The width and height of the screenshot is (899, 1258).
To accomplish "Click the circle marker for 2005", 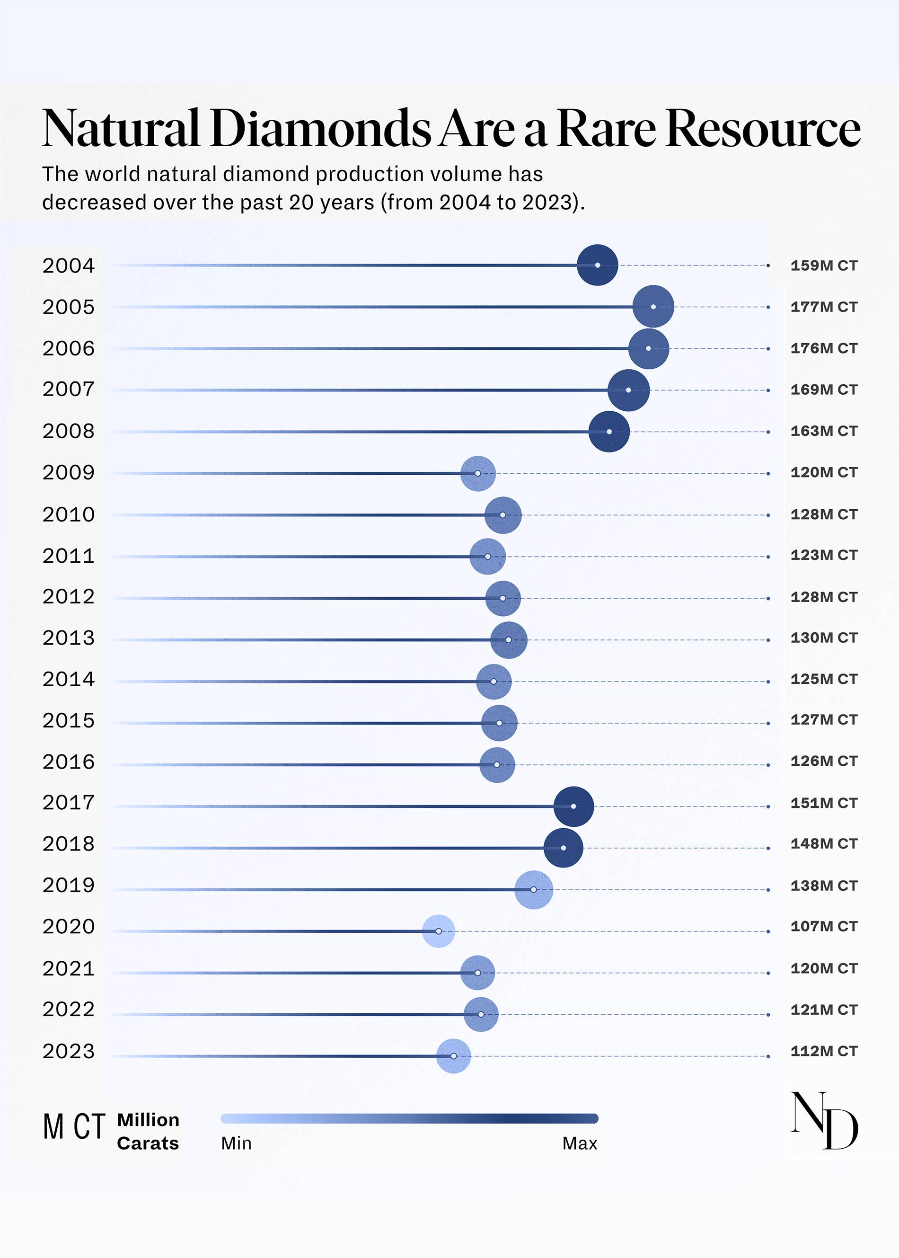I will click(x=653, y=307).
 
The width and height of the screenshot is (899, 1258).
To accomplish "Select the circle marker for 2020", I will click(x=439, y=931).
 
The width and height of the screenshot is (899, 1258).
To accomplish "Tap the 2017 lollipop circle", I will click(x=573, y=806).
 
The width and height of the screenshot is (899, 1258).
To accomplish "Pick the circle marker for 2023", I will click(x=453, y=1056).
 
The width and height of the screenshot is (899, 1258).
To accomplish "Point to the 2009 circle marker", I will click(x=478, y=473).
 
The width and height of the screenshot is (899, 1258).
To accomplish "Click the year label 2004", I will click(x=69, y=266).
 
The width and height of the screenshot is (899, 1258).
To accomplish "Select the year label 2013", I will click(x=69, y=638).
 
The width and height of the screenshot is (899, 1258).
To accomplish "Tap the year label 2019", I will click(x=69, y=886).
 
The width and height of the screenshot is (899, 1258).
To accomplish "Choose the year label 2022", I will click(x=69, y=1010).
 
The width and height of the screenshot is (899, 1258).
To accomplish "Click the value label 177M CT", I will click(x=824, y=307).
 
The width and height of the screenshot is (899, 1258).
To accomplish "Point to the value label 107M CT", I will click(x=824, y=926).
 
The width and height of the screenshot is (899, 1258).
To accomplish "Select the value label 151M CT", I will click(x=824, y=803).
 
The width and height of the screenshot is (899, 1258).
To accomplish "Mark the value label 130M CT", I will click(x=824, y=638).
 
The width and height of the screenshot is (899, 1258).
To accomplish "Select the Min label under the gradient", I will click(x=237, y=1143).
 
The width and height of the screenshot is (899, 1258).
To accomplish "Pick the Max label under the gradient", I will click(x=580, y=1143).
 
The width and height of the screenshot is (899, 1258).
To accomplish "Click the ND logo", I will click(x=824, y=1121).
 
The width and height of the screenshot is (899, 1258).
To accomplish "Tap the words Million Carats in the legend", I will click(x=148, y=1132).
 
